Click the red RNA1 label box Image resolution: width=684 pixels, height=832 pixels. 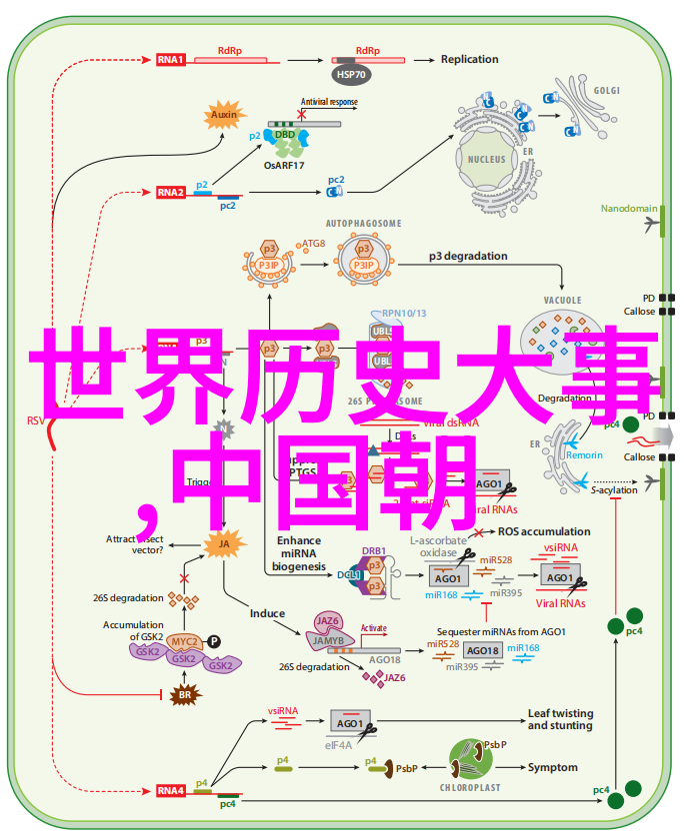(x=170, y=59)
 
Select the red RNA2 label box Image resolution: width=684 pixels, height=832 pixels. (x=170, y=192)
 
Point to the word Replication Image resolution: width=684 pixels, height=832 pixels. (x=469, y=59)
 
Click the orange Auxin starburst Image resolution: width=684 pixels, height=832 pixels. (x=224, y=115)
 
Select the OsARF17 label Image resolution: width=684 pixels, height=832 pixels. (x=285, y=164)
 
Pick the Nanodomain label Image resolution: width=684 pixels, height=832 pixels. (x=628, y=209)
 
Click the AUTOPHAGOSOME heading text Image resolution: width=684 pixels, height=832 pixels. (x=363, y=223)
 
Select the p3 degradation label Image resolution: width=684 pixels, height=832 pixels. (x=468, y=256)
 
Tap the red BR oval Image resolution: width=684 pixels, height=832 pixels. (x=184, y=695)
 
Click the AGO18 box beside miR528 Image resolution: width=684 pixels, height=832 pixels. (x=484, y=650)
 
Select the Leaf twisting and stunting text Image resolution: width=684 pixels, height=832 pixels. (x=560, y=719)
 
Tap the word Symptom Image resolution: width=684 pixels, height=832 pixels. (x=553, y=767)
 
